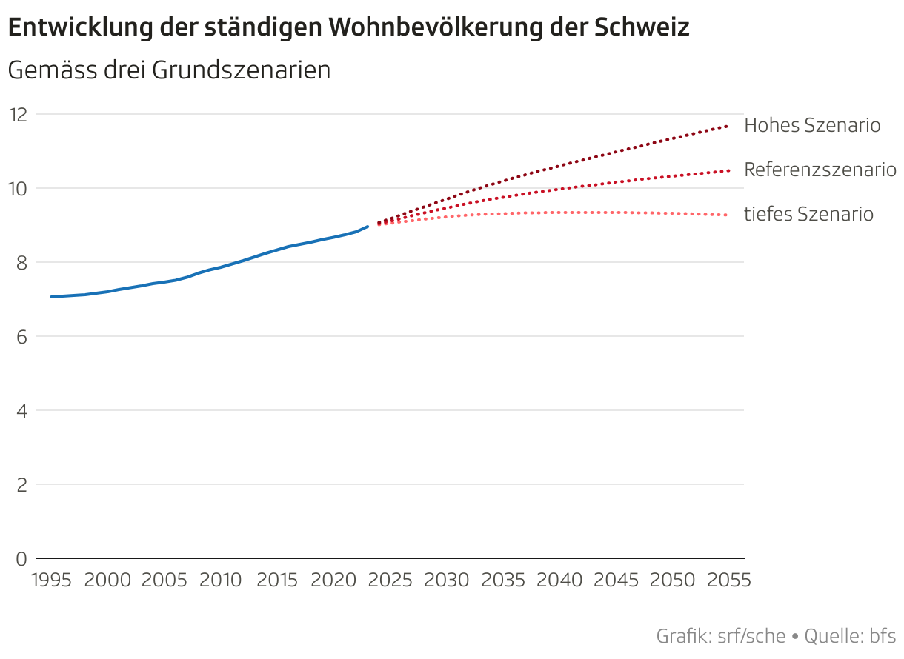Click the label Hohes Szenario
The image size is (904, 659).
tap(812, 125)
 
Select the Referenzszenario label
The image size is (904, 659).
tap(820, 170)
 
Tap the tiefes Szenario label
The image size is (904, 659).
tap(808, 214)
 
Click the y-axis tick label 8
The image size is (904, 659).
tap(21, 262)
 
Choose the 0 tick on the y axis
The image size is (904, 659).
tap(21, 558)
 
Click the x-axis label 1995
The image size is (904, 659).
tap(51, 580)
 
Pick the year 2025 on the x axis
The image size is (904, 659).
tap(390, 580)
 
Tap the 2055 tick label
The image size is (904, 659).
tap(728, 580)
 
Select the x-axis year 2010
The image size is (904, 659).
tap(220, 580)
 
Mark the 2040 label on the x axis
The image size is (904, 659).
tap(559, 580)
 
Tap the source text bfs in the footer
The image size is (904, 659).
tap(883, 635)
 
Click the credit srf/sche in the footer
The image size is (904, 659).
tap(750, 635)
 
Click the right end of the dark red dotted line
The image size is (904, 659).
tap(728, 127)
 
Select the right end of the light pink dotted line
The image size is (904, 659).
tap(728, 215)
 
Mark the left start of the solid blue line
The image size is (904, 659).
tap(51, 297)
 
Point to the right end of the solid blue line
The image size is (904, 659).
tap(368, 227)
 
